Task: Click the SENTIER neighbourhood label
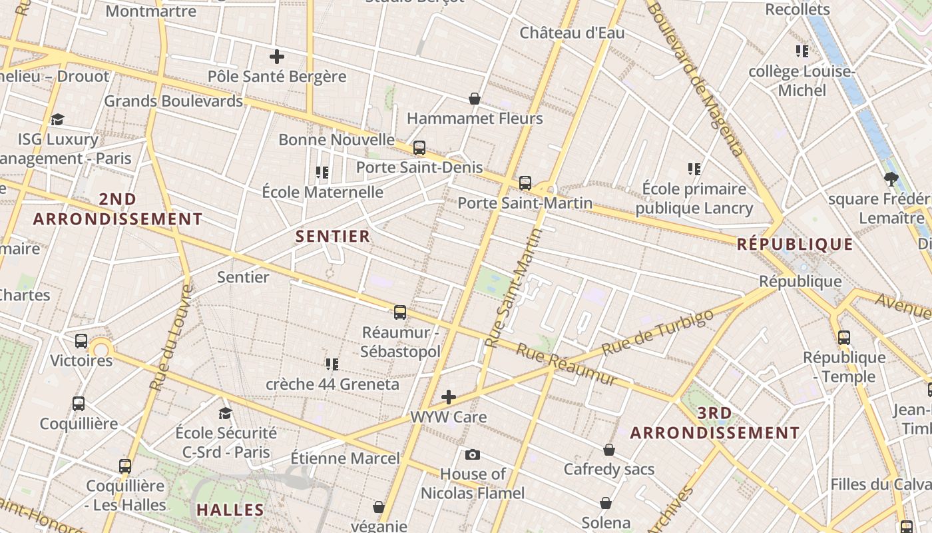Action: pyautogui.click(x=333, y=237)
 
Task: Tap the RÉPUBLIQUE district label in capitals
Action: pyautogui.click(x=795, y=245)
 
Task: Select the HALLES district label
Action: pyautogui.click(x=230, y=510)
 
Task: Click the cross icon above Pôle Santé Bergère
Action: pyautogui.click(x=276, y=57)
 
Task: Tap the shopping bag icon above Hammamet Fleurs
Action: pyautogui.click(x=475, y=99)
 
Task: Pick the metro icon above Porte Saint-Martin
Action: pyautogui.click(x=525, y=183)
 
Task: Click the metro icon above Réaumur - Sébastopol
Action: pyautogui.click(x=400, y=312)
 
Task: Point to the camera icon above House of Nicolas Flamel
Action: pyautogui.click(x=473, y=455)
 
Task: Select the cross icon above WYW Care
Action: pyautogui.click(x=449, y=398)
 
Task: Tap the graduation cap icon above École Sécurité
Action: pyautogui.click(x=226, y=413)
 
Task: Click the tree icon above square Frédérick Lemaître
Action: pyautogui.click(x=891, y=179)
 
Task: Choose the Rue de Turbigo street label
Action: pyautogui.click(x=657, y=332)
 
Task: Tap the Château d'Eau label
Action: pyautogui.click(x=572, y=33)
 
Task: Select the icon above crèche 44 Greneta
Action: pyautogui.click(x=332, y=364)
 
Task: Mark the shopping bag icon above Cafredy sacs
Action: pyautogui.click(x=609, y=450)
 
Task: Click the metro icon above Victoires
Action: pyautogui.click(x=81, y=341)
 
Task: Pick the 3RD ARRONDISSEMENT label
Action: pyautogui.click(x=715, y=423)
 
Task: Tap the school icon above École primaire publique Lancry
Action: pyautogui.click(x=694, y=169)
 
